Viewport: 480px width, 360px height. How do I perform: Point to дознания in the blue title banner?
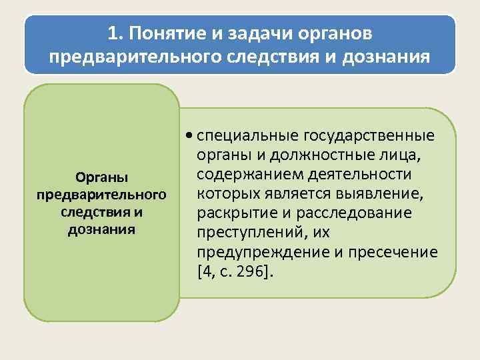(x=385, y=57)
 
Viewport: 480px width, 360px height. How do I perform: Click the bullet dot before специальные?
(x=191, y=136)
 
